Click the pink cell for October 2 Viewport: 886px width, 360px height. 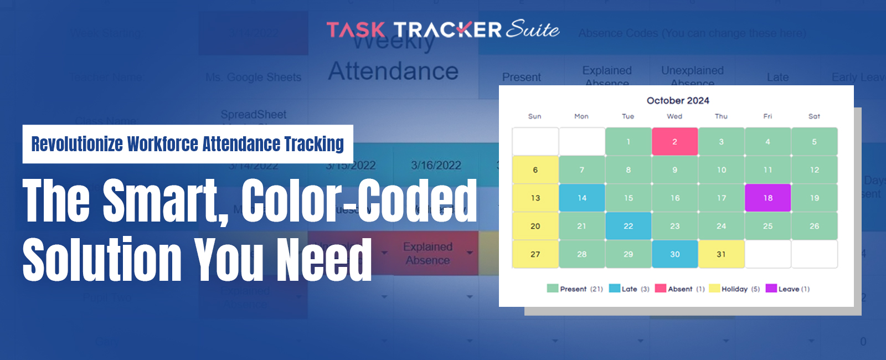(674, 142)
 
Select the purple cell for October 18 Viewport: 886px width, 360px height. (767, 198)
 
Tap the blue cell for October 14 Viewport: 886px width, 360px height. (581, 198)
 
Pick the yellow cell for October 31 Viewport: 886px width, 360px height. (721, 254)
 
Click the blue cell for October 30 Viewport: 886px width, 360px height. (674, 254)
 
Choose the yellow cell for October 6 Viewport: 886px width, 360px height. (535, 170)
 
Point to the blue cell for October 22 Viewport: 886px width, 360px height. (628, 226)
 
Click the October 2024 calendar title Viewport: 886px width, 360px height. (678, 100)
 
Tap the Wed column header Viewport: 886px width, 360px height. (674, 116)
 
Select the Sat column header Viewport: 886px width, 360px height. (814, 116)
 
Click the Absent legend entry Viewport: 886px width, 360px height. (680, 289)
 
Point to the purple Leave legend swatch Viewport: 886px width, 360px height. (771, 288)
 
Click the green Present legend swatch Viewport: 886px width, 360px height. (552, 288)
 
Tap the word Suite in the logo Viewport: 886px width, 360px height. (532, 29)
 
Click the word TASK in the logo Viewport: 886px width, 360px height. (356, 30)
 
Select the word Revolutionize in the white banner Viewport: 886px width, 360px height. (77, 144)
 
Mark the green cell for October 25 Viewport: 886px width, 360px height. (767, 226)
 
